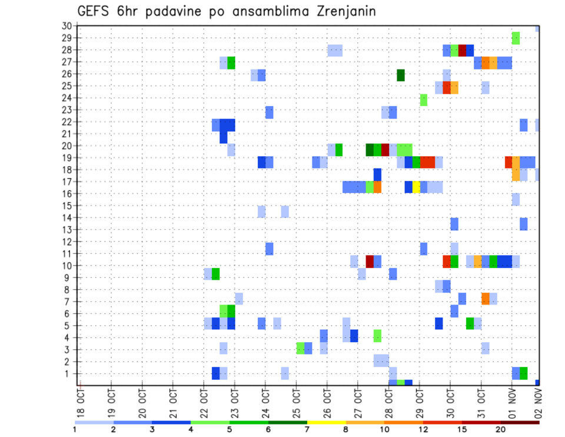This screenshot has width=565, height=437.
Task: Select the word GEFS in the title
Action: coord(96,12)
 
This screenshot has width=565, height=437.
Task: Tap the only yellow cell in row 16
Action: coord(416,187)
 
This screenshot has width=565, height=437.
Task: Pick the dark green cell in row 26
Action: coord(401,75)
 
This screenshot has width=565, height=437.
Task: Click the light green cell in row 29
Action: coord(516,38)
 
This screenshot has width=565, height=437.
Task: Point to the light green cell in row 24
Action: coord(424,100)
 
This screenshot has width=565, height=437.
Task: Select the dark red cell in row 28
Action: coord(462,50)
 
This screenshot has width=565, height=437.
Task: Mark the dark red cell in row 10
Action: coord(370,261)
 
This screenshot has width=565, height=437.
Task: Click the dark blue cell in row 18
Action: coord(377,174)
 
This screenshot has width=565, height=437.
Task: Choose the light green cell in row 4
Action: coord(377,336)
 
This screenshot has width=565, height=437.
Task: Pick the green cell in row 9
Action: coord(215,274)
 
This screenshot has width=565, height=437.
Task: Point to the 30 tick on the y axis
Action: coord(67,26)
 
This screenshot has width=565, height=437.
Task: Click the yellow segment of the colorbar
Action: coord(326,422)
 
